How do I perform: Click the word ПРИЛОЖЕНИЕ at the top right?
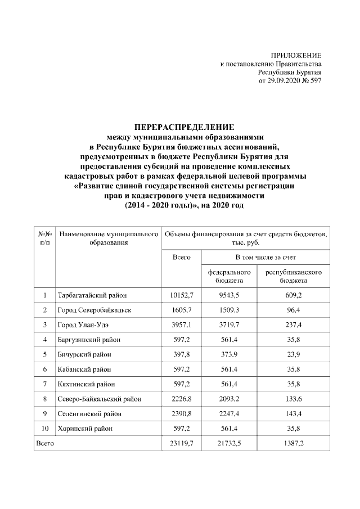coord(296,55)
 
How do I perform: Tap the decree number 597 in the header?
coord(316,81)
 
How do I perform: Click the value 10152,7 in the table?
coord(182,295)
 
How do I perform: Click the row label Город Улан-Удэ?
coord(86,325)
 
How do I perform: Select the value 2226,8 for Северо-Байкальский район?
coord(182,399)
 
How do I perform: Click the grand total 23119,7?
coord(182,444)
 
